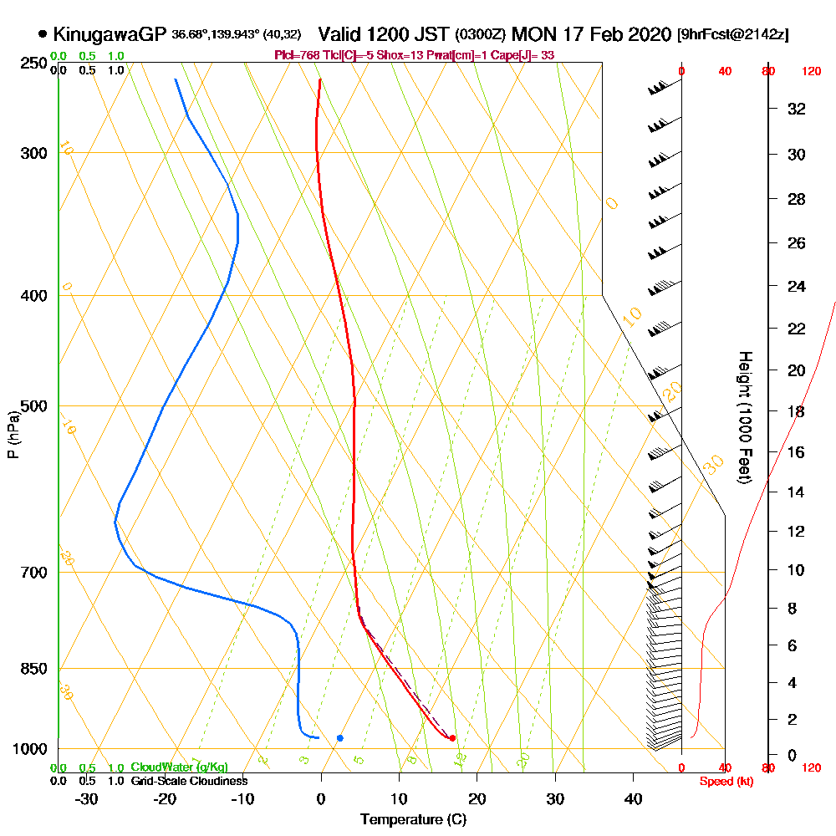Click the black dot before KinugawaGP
coord(42,34)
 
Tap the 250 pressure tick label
coord(32,63)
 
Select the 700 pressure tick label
coord(32,573)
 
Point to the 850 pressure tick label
coord(32,669)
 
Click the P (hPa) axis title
coord(13,435)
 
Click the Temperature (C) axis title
coord(413,819)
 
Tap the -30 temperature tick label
coord(86,799)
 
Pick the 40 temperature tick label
coord(634,799)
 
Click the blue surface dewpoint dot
coord(339,738)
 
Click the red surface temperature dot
coord(452,738)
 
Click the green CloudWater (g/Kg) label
coord(179,767)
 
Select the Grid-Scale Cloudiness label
coord(189,781)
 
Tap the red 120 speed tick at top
coord(811,71)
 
